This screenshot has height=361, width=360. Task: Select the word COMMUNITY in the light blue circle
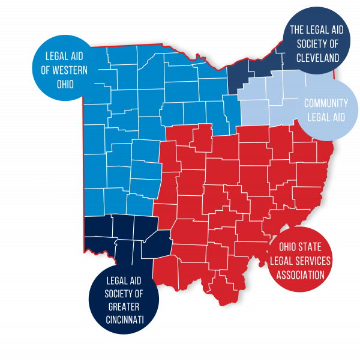[x=326, y=103]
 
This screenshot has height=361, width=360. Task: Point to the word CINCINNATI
[x=124, y=319]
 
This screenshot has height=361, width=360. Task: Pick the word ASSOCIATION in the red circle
[x=300, y=275]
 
